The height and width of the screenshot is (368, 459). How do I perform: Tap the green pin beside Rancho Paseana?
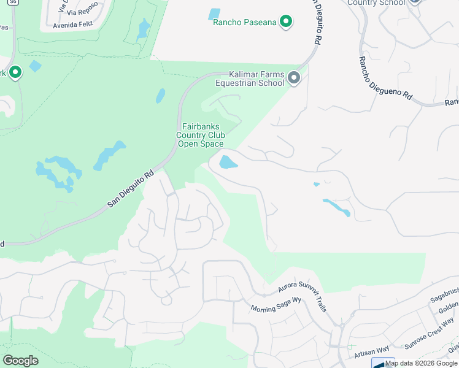click(285, 23)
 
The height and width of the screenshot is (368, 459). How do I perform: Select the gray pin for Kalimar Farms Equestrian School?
click(294, 78)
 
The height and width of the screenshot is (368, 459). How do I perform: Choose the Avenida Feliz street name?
click(73, 26)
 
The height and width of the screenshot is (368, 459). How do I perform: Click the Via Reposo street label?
click(83, 11)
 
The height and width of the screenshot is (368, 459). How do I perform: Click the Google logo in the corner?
click(20, 360)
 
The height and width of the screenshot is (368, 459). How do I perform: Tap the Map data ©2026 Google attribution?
click(422, 363)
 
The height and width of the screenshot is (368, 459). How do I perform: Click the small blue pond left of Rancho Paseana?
click(214, 13)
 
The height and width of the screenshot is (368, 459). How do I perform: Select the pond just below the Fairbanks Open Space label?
click(228, 162)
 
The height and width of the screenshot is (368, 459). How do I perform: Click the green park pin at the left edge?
click(15, 72)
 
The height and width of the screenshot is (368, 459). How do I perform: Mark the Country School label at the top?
click(376, 3)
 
